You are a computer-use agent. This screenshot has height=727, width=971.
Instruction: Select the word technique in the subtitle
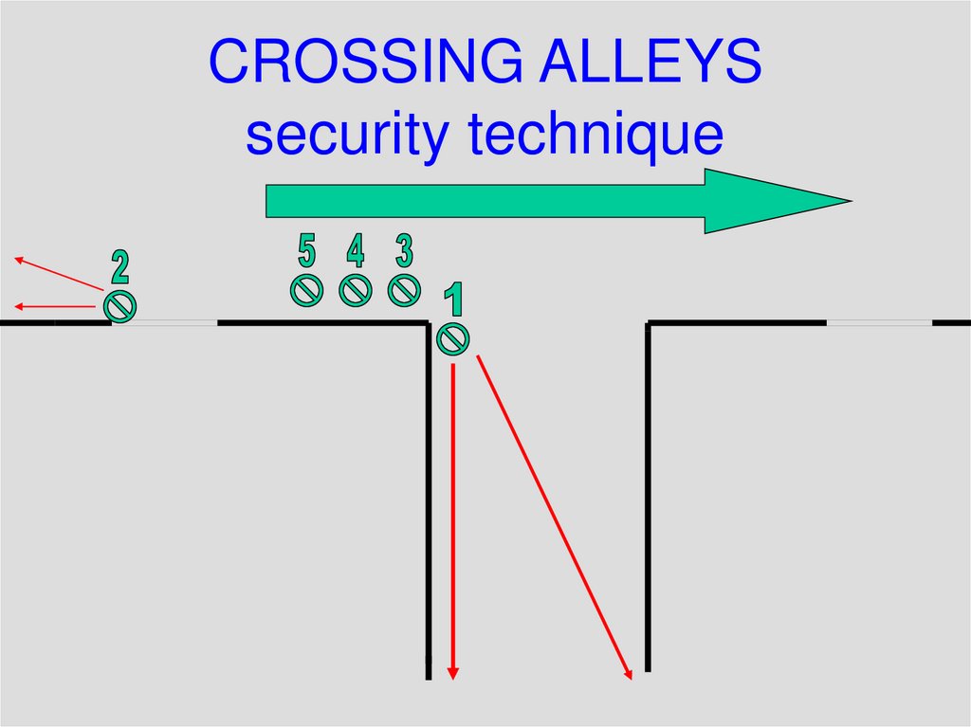point(595,135)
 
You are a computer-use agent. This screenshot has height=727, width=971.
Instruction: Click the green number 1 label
point(455,300)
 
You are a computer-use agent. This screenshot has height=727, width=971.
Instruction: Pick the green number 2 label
point(119,267)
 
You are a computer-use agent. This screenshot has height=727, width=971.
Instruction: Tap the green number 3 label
point(404,251)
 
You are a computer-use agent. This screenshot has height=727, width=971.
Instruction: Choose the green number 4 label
point(355,251)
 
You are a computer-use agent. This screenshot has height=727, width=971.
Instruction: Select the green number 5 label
point(306,251)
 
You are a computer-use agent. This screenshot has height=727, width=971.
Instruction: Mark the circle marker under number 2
point(120,305)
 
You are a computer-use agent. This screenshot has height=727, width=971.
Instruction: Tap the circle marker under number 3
point(405,289)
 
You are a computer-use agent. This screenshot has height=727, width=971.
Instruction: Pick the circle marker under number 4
point(356,289)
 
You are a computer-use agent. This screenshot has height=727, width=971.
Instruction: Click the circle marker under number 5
point(307,289)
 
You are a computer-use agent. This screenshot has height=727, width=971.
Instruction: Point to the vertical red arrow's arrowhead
point(453,673)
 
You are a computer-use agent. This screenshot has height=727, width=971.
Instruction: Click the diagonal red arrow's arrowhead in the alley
point(628,674)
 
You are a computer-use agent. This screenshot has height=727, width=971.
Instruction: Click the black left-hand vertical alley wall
point(429,502)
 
